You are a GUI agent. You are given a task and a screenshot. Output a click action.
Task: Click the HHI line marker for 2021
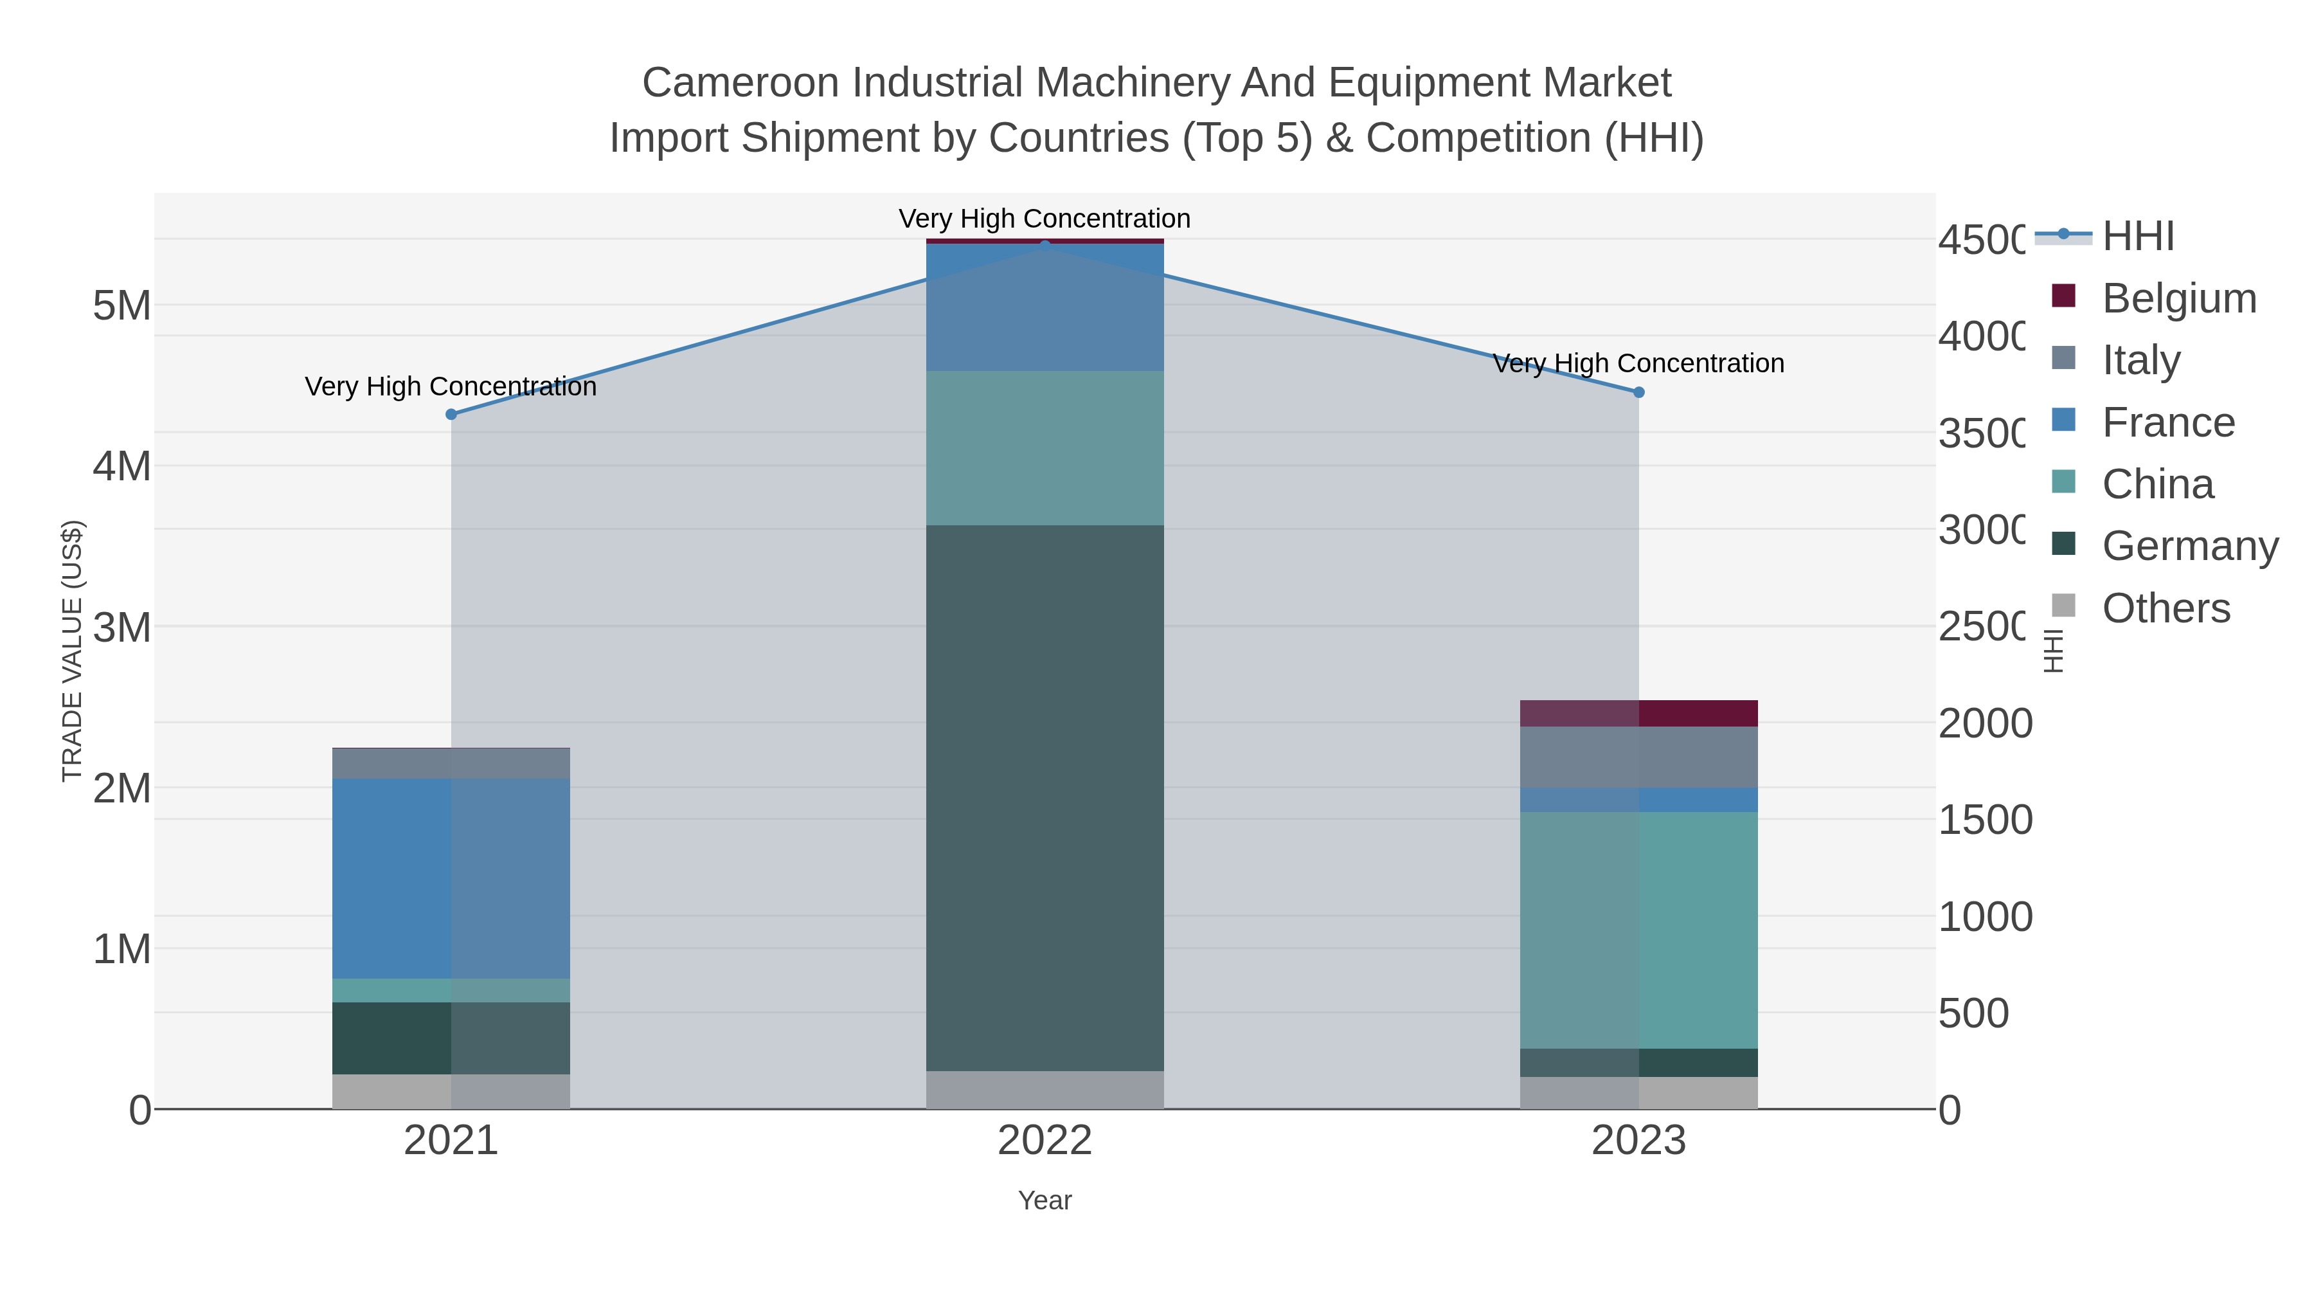click(x=451, y=414)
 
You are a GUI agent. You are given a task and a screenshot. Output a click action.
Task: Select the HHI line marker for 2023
click(x=1638, y=392)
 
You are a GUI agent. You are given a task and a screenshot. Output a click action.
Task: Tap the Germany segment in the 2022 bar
click(x=1045, y=797)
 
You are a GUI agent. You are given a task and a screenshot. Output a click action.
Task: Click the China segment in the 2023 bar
click(x=1638, y=930)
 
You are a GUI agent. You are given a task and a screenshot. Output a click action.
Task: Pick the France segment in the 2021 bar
click(x=451, y=878)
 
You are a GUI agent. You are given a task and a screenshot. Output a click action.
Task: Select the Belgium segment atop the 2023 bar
click(x=1638, y=712)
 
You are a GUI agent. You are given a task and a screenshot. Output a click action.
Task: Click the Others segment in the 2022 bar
click(x=1045, y=1089)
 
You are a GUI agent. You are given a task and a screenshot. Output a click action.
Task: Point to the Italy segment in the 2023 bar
click(x=1638, y=757)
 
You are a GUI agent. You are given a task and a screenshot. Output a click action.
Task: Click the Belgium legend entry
click(x=2178, y=298)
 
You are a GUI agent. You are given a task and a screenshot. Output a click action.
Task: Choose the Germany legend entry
click(x=2189, y=545)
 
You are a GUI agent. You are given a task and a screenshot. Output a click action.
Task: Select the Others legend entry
click(x=2165, y=608)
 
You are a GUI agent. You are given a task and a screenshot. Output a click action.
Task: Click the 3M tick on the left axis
click(x=122, y=627)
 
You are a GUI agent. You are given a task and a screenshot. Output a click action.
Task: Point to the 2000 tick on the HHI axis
click(x=1984, y=723)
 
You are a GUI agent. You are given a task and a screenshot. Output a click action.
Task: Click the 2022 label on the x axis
click(x=1045, y=1140)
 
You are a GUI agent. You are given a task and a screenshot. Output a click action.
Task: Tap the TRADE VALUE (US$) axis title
click(x=72, y=651)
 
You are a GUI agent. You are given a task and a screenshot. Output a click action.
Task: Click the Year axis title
click(x=1045, y=1200)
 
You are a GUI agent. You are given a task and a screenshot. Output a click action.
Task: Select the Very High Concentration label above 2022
click(x=1045, y=219)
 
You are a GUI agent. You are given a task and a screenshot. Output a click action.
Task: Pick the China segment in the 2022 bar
click(x=1045, y=448)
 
